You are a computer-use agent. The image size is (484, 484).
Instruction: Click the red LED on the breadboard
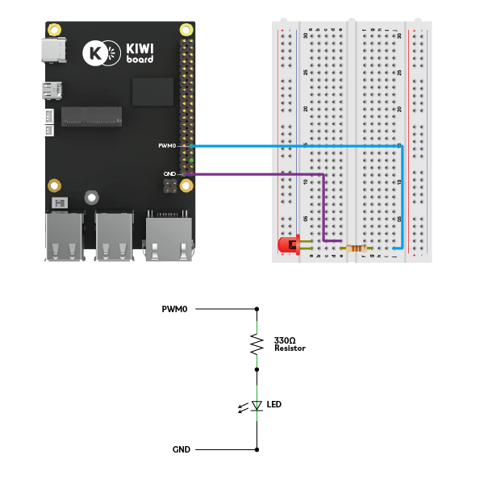tap(286, 244)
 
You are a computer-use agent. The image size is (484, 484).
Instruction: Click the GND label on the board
tap(169, 174)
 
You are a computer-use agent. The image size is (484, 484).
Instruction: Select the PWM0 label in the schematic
tap(174, 309)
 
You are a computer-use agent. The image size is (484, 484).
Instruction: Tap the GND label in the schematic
tap(181, 449)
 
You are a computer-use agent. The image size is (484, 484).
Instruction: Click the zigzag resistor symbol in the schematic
tap(257, 344)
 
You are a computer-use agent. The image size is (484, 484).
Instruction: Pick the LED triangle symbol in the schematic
tap(257, 405)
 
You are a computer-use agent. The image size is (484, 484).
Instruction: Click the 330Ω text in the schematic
tap(285, 341)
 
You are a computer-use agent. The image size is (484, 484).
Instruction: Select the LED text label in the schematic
tap(273, 403)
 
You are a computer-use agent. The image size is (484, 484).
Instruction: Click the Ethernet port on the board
tap(169, 234)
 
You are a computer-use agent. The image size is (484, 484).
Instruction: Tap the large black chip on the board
tap(153, 90)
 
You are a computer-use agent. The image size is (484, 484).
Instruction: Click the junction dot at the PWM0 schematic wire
tap(257, 309)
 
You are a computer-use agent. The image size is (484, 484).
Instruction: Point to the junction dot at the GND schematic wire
tap(257, 449)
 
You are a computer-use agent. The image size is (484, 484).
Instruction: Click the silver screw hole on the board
tap(93, 197)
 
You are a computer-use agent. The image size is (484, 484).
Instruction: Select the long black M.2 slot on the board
tap(92, 118)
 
